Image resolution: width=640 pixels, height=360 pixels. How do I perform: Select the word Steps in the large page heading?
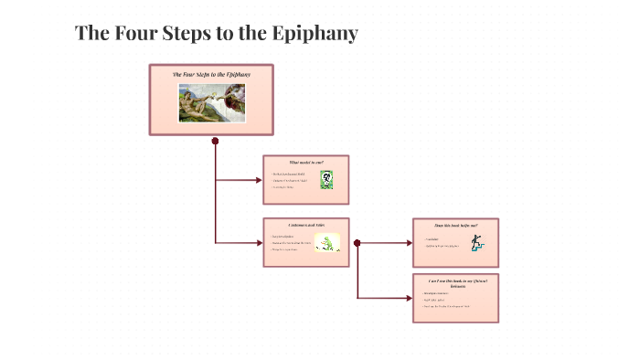click(187, 34)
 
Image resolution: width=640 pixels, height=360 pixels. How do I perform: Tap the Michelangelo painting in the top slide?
click(212, 102)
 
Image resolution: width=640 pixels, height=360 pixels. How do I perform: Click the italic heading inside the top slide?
click(211, 73)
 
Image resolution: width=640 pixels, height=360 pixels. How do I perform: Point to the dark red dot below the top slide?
click(215, 141)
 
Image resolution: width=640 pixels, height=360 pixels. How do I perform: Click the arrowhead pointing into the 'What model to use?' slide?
click(258, 180)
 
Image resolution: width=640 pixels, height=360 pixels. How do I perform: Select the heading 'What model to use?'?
click(305, 162)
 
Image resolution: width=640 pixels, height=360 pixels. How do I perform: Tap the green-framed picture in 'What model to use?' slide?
click(325, 180)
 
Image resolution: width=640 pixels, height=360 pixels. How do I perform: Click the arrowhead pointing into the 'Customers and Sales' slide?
click(258, 242)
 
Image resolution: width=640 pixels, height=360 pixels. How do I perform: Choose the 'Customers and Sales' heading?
click(305, 225)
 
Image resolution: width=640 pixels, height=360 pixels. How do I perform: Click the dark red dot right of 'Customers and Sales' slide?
click(357, 243)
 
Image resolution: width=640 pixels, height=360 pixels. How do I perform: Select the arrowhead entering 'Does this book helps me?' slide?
click(408, 243)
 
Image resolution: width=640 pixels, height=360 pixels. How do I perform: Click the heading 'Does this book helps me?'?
click(455, 224)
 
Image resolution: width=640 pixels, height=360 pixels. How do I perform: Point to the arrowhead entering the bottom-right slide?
click(408, 298)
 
